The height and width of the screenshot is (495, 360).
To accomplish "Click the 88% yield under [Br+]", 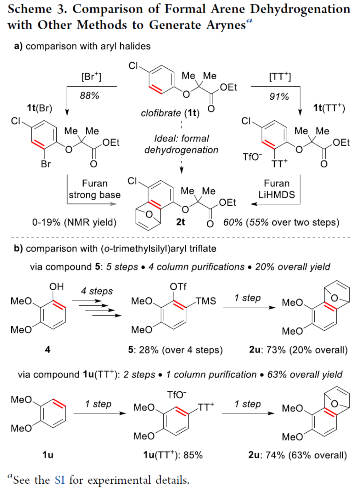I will (89, 95).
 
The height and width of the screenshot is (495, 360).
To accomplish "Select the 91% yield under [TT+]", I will (279, 96).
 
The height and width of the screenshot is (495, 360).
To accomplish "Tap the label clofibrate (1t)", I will (170, 113).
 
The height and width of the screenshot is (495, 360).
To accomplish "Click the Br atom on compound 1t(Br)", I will (46, 164).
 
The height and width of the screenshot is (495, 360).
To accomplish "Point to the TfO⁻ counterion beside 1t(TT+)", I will (252, 156).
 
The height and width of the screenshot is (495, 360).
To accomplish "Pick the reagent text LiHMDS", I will (277, 195).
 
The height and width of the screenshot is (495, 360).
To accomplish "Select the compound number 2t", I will (180, 222).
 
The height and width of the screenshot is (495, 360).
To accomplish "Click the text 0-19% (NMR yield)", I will (74, 222).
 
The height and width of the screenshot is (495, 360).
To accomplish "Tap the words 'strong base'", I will (95, 195).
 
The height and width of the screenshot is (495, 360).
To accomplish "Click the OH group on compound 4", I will (57, 287).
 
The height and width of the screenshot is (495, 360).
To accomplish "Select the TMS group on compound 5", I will (206, 301).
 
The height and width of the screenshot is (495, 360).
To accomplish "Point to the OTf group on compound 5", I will (178, 287).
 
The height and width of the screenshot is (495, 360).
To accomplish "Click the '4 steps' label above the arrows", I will (97, 291).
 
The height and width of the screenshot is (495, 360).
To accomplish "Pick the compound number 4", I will (48, 349).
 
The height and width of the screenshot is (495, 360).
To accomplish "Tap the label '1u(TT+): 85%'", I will (173, 455).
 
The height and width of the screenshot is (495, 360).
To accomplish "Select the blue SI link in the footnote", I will (59, 480).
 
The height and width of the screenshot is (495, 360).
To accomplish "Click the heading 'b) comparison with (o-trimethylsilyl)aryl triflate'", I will (115, 249).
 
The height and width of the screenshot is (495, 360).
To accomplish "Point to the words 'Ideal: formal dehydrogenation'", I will (181, 144).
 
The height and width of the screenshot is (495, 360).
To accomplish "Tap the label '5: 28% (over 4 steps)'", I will (175, 350).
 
